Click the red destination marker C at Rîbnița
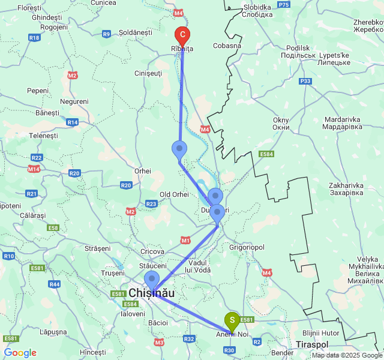tap(182, 35)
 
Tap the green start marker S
tap(232, 320)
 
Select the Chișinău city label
tap(152, 293)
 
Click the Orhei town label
tap(142, 171)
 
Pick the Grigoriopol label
tap(247, 246)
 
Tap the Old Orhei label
tap(174, 194)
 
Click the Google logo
tap(20, 353)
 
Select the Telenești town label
tap(44, 136)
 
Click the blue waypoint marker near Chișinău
tap(152, 280)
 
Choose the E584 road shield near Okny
tap(266, 155)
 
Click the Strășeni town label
tap(98, 248)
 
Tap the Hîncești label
tap(92, 352)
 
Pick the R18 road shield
tap(34, 37)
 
